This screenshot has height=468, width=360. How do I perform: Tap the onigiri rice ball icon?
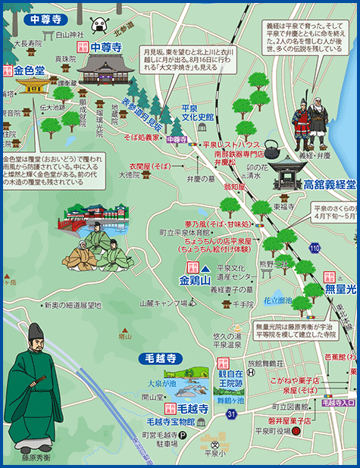(101, 27)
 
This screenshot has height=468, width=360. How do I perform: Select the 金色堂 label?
(31, 72)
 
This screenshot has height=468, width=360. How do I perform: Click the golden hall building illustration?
(34, 85)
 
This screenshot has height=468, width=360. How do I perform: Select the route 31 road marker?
(210, 413)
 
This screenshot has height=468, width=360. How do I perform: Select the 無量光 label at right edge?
(340, 289)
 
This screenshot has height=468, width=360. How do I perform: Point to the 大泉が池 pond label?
(161, 383)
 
